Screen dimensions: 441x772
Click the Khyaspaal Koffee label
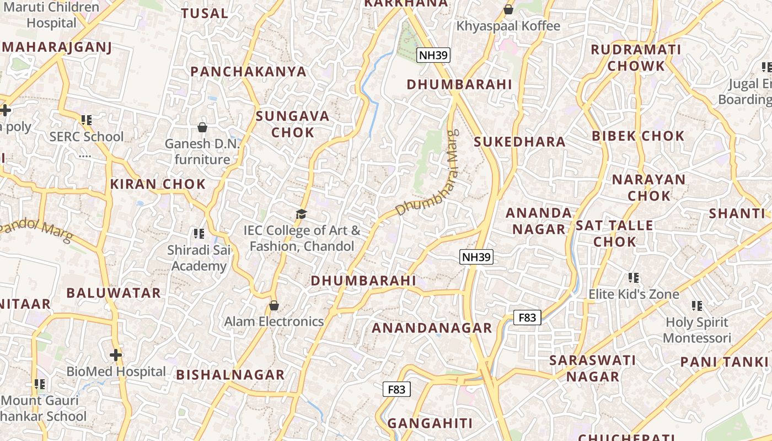pyautogui.click(x=508, y=26)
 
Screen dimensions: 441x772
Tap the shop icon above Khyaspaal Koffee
pyautogui.click(x=508, y=9)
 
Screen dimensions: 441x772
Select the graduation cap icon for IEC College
pyautogui.click(x=301, y=214)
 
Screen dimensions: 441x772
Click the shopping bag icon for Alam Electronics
pyautogui.click(x=274, y=305)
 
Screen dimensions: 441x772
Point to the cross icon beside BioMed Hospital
pyautogui.click(x=116, y=355)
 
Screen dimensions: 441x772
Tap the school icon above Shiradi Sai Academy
pyautogui.click(x=199, y=234)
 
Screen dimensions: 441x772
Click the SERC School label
pyautogui.click(x=87, y=137)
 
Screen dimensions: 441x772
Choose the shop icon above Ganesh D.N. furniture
pyautogui.click(x=202, y=127)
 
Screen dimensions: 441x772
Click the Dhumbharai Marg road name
pyautogui.click(x=428, y=174)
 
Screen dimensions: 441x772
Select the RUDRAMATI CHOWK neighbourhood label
pyautogui.click(x=636, y=58)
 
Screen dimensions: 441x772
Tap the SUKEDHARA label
pyautogui.click(x=519, y=142)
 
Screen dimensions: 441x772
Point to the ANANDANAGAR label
pyautogui.click(x=432, y=328)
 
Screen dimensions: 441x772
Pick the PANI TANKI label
pyautogui.click(x=724, y=362)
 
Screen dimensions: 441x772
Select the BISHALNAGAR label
pyautogui.click(x=230, y=375)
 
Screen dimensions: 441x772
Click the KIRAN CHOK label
pyautogui.click(x=158, y=184)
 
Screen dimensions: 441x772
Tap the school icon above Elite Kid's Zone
pyautogui.click(x=634, y=278)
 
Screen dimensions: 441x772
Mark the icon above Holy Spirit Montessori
pyautogui.click(x=697, y=305)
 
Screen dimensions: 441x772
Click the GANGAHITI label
pyautogui.click(x=430, y=423)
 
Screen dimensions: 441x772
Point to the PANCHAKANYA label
pyautogui.click(x=248, y=72)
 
